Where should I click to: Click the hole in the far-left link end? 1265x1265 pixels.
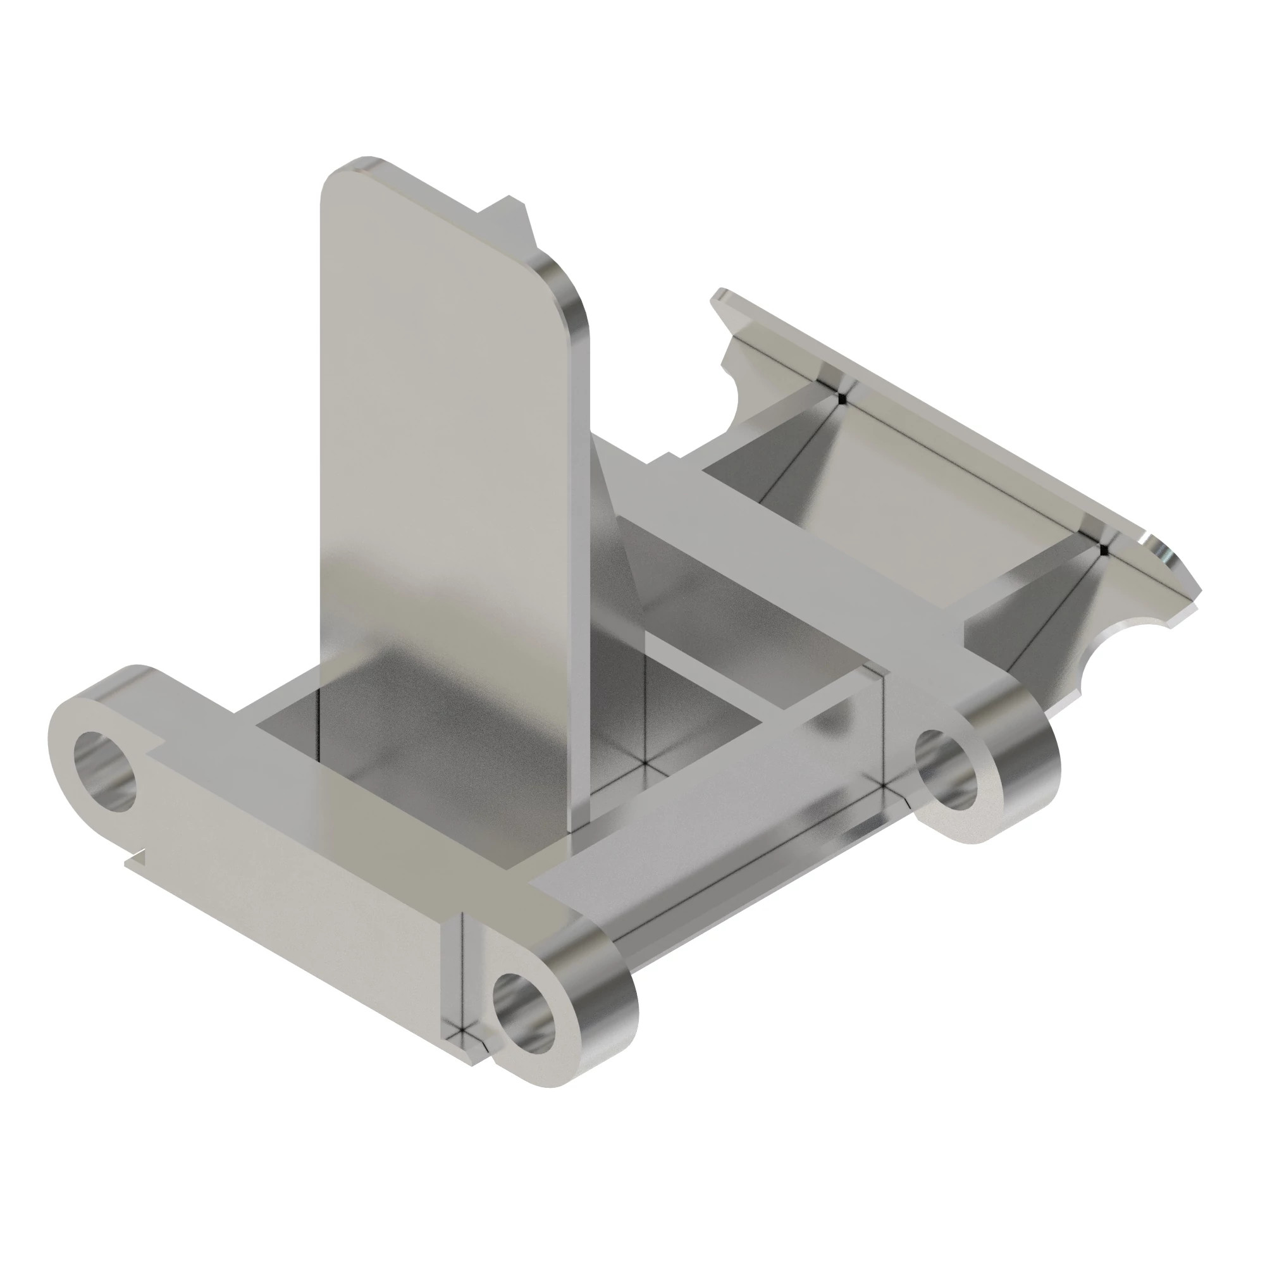(107, 771)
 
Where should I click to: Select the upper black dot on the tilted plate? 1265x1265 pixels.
(842, 398)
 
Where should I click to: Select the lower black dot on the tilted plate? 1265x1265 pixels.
(1104, 550)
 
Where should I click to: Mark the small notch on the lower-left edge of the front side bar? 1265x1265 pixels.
(134, 858)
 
